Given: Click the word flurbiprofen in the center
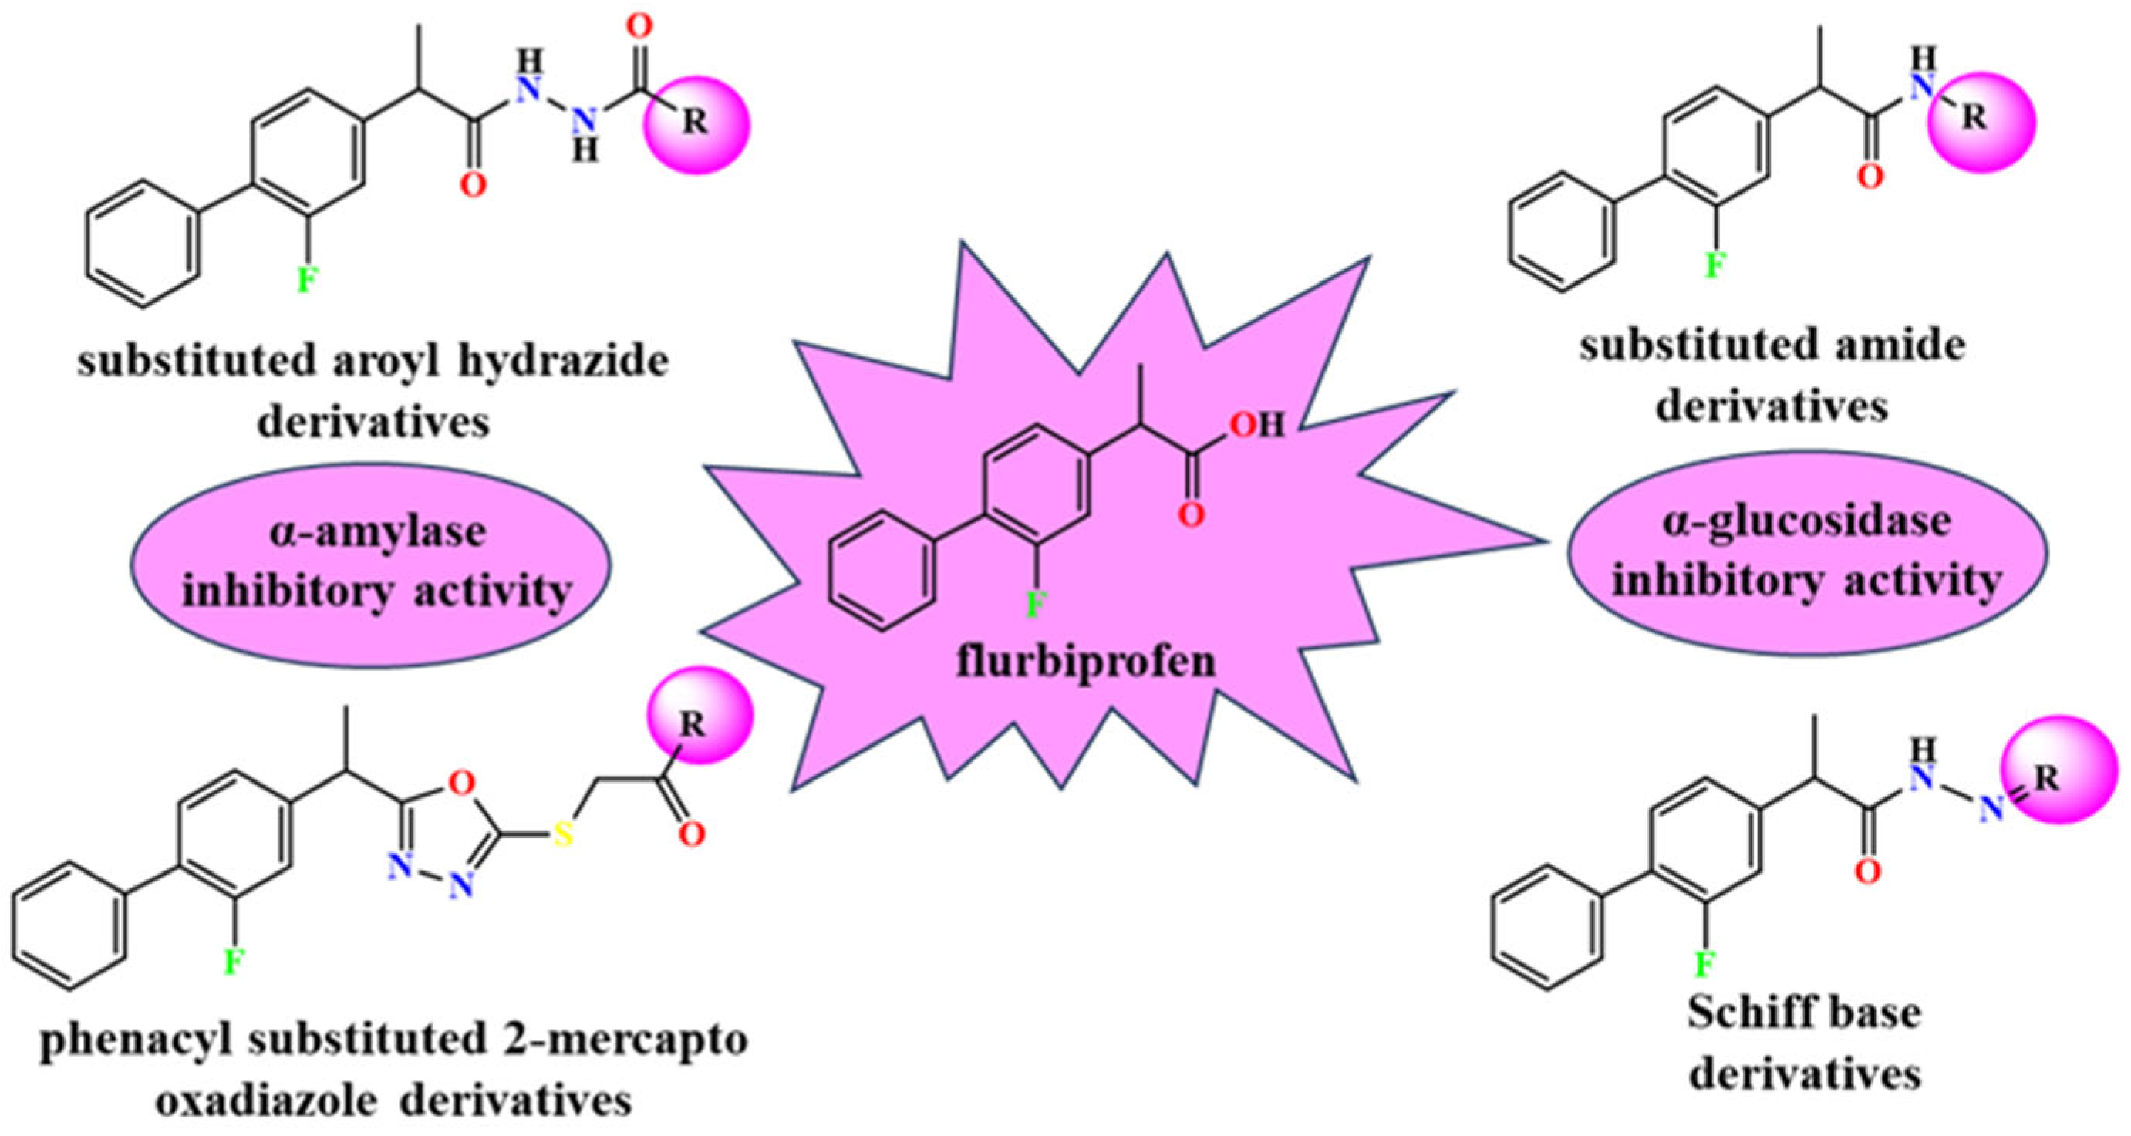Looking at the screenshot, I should point(1086,662).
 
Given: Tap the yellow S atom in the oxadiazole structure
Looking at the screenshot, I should point(563,834).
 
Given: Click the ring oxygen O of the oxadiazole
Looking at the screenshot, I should point(465,780).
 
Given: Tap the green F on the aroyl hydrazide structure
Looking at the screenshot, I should point(306,281).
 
